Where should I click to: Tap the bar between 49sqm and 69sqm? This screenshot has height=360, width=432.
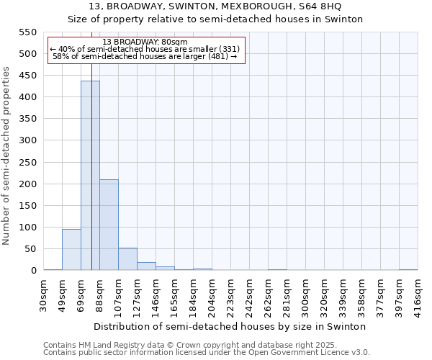click(x=71, y=249)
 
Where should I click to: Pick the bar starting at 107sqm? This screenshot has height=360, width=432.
click(x=127, y=258)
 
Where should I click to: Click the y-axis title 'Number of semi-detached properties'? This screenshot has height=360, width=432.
click(x=7, y=156)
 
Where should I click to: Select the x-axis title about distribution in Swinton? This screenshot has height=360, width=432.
click(x=230, y=326)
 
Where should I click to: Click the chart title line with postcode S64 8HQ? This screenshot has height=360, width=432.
click(x=215, y=6)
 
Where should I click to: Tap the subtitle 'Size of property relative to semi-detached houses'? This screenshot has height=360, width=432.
click(x=215, y=19)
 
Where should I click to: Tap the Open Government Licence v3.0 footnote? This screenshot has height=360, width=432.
click(x=207, y=353)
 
